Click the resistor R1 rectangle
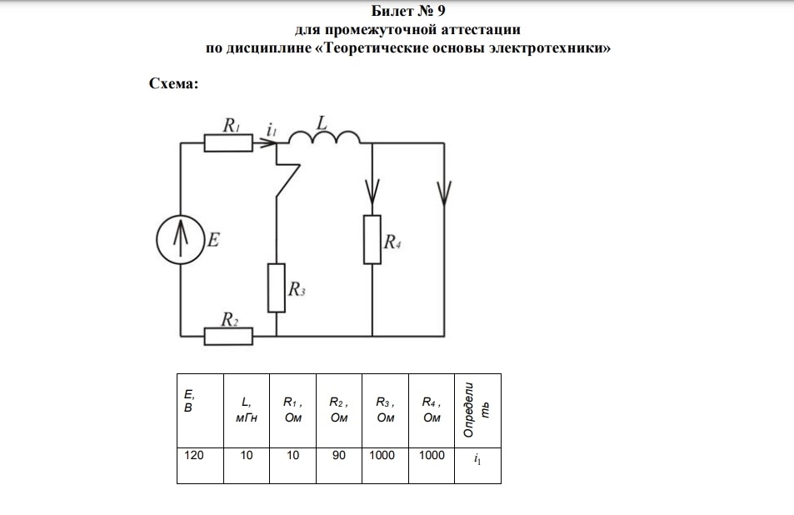point(228,142)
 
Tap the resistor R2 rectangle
point(228,336)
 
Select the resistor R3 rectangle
point(277,287)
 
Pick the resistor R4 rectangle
point(372,239)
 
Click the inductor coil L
point(324,137)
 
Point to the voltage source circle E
point(181,239)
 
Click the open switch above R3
point(287,180)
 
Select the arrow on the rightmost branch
point(444,192)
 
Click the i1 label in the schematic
point(272,130)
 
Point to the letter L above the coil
point(322,123)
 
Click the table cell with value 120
point(200,465)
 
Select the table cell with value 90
point(339,465)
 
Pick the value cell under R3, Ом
point(385,465)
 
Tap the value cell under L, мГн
point(246,465)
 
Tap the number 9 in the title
point(441,11)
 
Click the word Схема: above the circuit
point(173,83)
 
